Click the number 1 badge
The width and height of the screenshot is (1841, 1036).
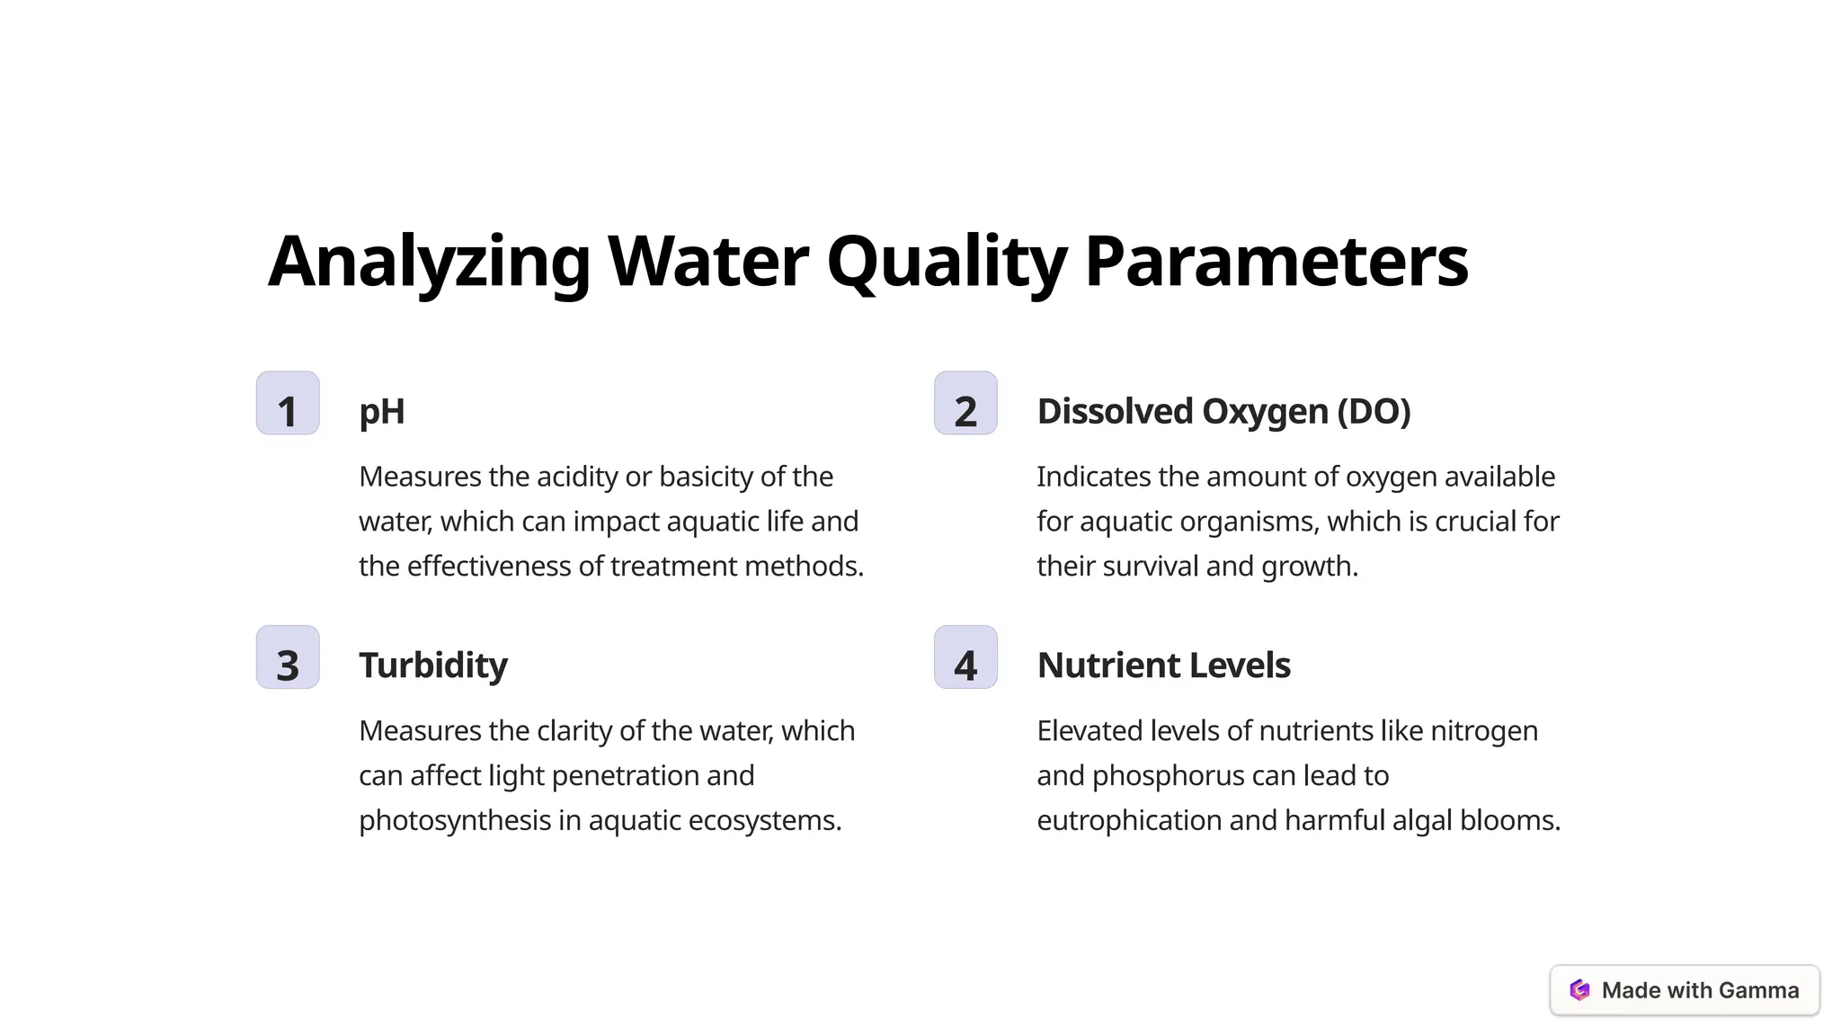point(288,404)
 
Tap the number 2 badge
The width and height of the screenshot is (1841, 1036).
point(965,404)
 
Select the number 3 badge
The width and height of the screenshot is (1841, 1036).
point(288,657)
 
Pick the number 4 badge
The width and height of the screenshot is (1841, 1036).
point(965,657)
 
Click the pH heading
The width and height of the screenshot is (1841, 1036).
point(382,412)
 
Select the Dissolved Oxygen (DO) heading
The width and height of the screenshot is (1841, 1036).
point(1223,412)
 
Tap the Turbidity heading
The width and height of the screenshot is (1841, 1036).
point(433,665)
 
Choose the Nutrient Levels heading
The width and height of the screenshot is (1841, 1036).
point(1163,665)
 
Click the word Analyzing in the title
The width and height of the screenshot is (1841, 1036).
point(429,262)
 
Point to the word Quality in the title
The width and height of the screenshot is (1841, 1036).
point(946,262)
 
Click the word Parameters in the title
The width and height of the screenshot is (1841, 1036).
point(1276,262)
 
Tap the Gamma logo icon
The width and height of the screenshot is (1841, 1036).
point(1579,990)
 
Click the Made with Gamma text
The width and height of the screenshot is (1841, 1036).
point(1700,990)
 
